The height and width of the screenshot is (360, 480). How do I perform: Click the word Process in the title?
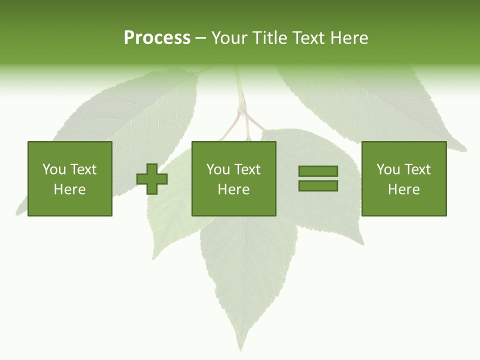click(x=157, y=38)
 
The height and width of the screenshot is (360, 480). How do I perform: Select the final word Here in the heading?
click(x=349, y=38)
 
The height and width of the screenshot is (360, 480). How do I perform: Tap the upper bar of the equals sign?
click(x=318, y=171)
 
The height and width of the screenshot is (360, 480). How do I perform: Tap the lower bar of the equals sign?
click(x=318, y=185)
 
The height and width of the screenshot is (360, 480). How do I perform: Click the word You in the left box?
click(x=54, y=169)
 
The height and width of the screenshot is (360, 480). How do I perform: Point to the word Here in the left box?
click(x=70, y=189)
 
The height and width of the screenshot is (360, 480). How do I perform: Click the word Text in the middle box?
click(x=247, y=169)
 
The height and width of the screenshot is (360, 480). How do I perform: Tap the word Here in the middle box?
click(x=234, y=189)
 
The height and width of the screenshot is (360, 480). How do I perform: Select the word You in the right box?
click(x=388, y=169)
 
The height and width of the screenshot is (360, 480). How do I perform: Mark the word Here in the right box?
click(x=404, y=189)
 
